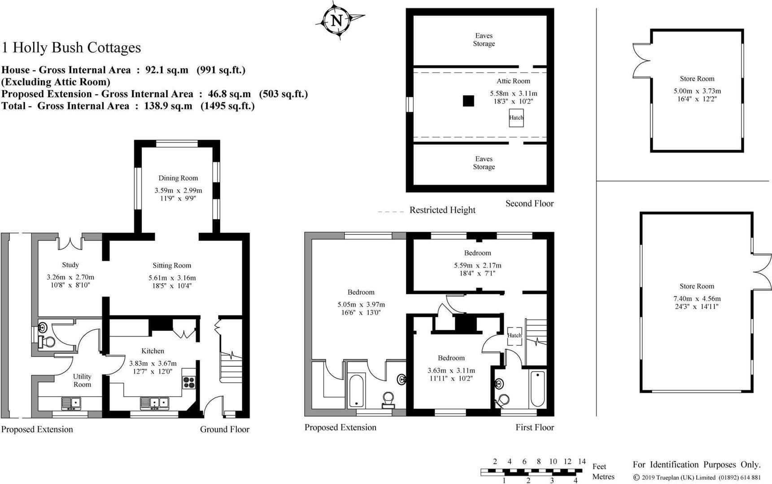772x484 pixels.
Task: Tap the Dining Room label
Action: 178,178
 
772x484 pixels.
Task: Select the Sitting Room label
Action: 172,265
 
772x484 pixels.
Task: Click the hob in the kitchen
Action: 189,382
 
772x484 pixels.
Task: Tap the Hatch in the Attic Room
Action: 516,118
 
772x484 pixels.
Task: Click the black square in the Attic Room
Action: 468,101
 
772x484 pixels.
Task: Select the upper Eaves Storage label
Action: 484,39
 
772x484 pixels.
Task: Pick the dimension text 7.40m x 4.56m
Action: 697,298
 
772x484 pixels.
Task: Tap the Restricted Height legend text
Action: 442,210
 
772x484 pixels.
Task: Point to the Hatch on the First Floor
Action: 515,336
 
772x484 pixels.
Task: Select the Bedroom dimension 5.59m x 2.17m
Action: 478,265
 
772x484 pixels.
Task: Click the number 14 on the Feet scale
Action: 582,461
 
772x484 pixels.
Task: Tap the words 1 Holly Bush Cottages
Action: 71,48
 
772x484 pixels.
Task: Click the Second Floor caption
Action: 529,203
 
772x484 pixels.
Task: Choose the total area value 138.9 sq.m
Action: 168,106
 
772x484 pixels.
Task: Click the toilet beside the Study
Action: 47,342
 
